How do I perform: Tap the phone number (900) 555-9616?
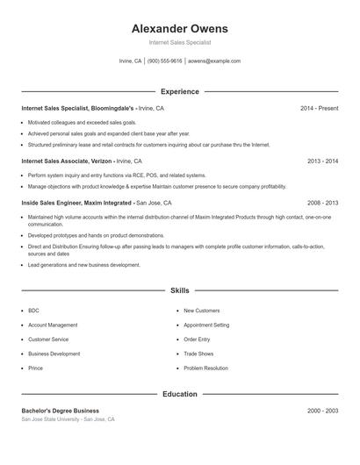[x=164, y=61]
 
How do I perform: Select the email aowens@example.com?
[x=214, y=61]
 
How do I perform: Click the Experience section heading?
[x=180, y=91]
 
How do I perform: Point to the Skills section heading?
[x=180, y=290]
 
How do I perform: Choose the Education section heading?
[x=180, y=394]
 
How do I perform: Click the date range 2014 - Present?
[x=319, y=108]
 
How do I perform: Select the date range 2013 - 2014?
[x=322, y=161]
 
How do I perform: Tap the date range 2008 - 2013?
[x=322, y=203]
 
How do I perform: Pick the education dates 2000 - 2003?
[x=322, y=411]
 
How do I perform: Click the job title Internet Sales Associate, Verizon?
[x=67, y=161]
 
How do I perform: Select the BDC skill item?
[x=33, y=311]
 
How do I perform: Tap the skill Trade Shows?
[x=198, y=354]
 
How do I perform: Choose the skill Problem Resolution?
[x=206, y=368]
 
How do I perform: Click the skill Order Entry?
[x=198, y=340]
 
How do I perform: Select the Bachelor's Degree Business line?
[x=60, y=411]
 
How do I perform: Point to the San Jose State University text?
[x=50, y=419]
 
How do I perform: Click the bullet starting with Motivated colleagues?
[x=82, y=122]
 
